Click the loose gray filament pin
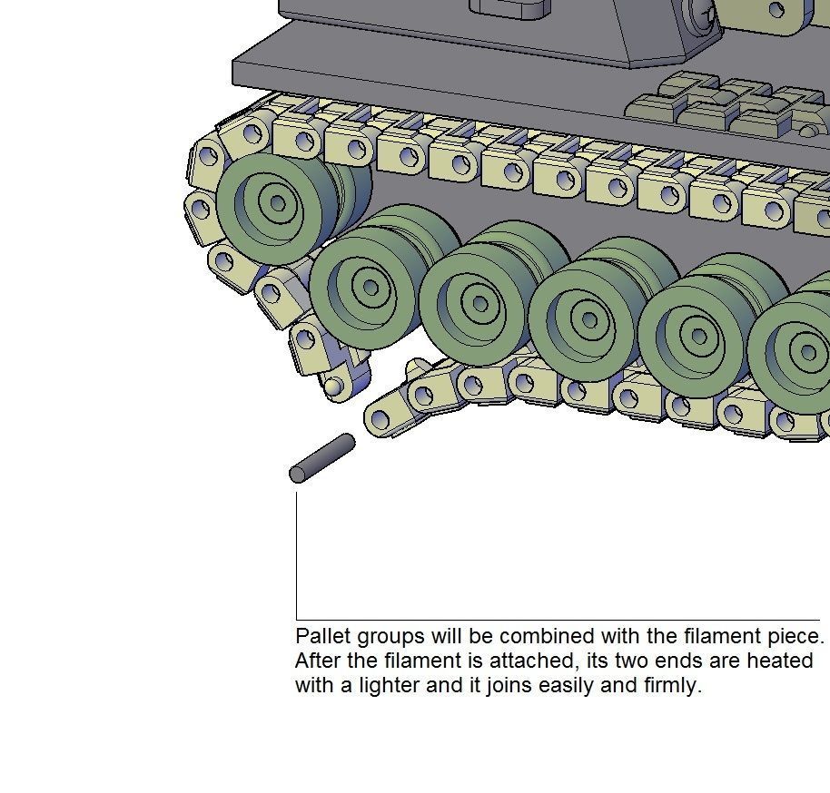tap(322, 458)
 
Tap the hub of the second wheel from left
tap(370, 288)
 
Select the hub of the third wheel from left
tap(479, 299)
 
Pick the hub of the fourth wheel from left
tap(589, 318)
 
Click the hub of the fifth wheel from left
tap(698, 336)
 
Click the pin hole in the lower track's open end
tap(379, 419)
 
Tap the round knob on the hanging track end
tap(334, 387)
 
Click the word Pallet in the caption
tap(322, 636)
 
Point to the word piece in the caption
tap(794, 636)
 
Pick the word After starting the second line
tap(317, 661)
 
